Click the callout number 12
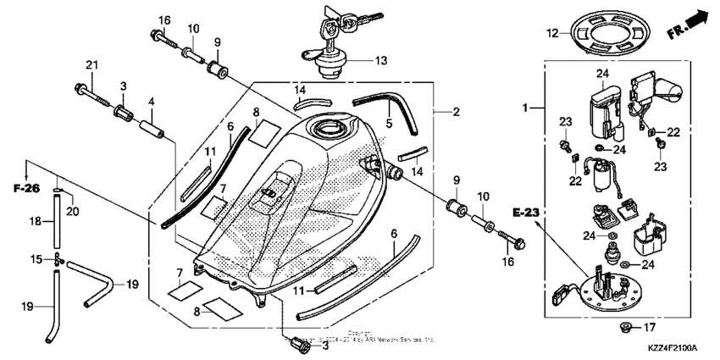(x=551, y=34)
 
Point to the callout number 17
(x=650, y=327)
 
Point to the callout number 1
(x=524, y=108)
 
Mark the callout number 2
(x=456, y=111)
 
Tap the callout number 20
(x=71, y=210)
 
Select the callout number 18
(x=36, y=220)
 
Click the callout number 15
(x=36, y=258)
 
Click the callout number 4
(x=152, y=102)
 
